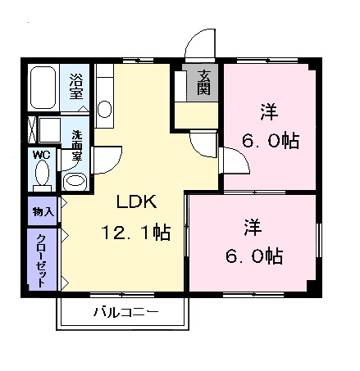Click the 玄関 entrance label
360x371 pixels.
tap(203, 83)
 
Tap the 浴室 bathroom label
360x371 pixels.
tap(75, 86)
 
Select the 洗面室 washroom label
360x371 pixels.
tap(77, 144)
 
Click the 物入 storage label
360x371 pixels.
tap(43, 211)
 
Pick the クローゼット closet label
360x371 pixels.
tap(41, 259)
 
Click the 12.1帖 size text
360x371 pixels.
tap(135, 233)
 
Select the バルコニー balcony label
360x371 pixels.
tap(125, 312)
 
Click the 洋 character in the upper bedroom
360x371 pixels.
tap(268, 110)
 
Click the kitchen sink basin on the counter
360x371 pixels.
tap(104, 110)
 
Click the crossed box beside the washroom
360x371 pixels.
tap(33, 131)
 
